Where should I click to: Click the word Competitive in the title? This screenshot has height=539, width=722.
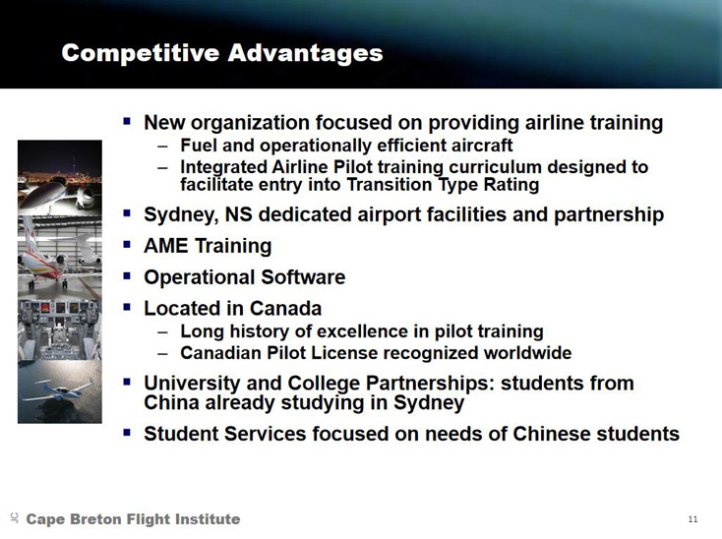pos(141,53)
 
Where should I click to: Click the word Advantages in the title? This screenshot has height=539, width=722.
pos(305,53)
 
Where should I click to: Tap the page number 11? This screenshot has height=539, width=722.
pos(693,519)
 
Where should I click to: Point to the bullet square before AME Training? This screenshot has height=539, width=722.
pos(127,245)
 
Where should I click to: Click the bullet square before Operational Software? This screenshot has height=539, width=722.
pos(127,276)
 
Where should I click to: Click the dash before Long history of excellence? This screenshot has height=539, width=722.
pos(162,332)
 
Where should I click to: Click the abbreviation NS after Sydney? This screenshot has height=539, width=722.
pos(238,215)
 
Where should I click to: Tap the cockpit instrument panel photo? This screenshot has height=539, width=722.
pos(60,330)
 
